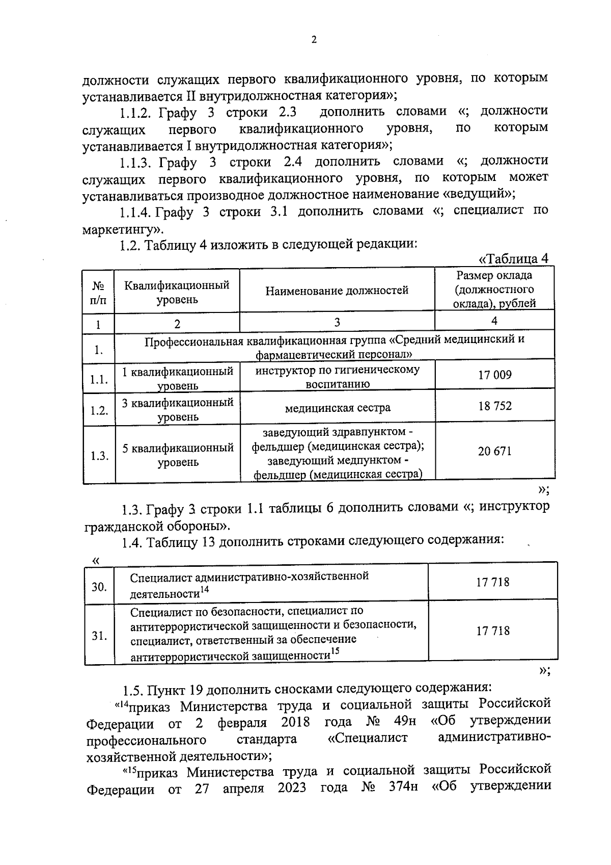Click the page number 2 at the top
[x=314, y=40]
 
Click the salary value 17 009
[x=494, y=375]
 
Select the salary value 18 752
[x=494, y=406]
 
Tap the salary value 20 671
[x=494, y=451]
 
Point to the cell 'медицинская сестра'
[x=337, y=408]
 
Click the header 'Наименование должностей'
[x=337, y=291]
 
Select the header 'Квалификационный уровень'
[x=177, y=292]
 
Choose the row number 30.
[x=99, y=587]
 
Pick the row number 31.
[x=99, y=636]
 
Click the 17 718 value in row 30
[x=492, y=582]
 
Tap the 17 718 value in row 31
[x=492, y=631]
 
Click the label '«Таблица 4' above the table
[x=514, y=259]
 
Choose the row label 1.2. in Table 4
[x=99, y=410]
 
